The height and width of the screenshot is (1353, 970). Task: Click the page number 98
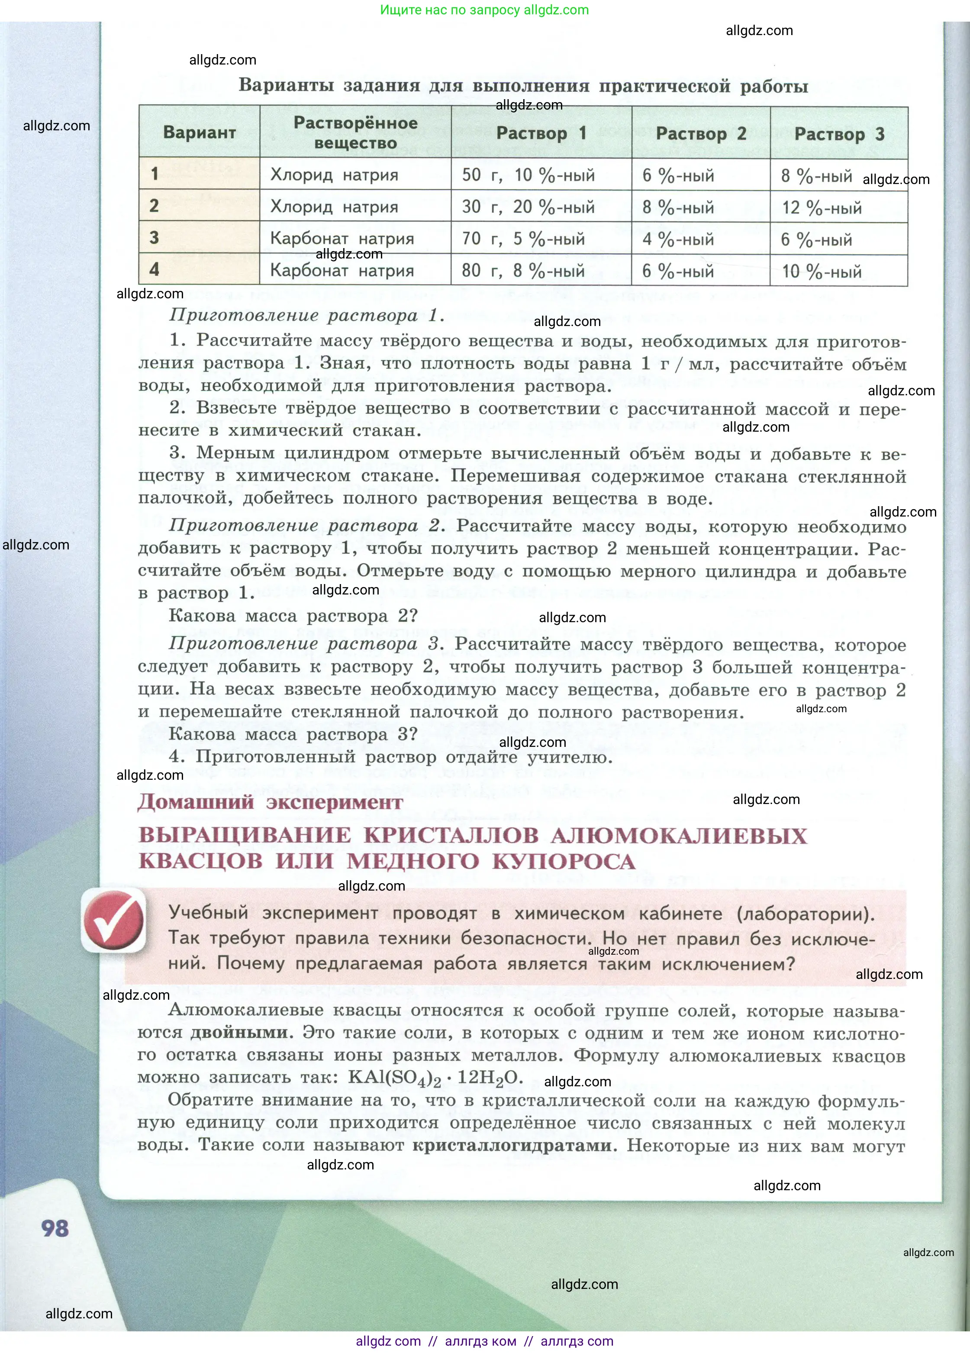(55, 1228)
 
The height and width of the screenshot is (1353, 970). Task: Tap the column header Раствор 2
(701, 134)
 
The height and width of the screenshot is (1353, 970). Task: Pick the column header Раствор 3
(839, 134)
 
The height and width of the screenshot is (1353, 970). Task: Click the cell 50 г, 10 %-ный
(528, 175)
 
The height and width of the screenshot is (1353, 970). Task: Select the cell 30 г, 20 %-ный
(528, 207)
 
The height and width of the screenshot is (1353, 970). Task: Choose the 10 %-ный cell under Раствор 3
(822, 272)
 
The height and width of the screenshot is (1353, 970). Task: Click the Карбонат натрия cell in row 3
(342, 239)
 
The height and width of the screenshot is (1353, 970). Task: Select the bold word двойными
(239, 1033)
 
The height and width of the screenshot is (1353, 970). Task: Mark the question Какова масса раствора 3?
(293, 734)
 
